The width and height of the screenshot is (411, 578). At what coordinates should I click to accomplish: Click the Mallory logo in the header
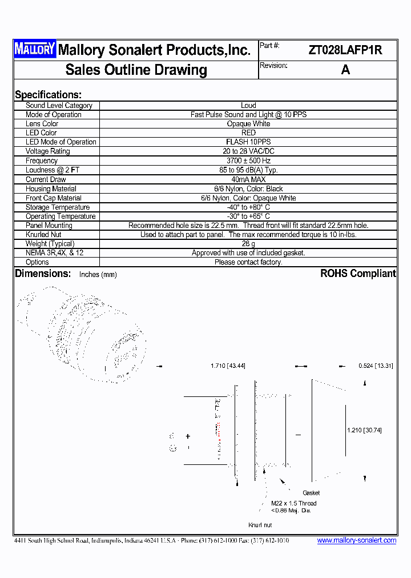[35, 50]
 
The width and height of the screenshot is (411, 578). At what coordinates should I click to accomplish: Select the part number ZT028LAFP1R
[345, 50]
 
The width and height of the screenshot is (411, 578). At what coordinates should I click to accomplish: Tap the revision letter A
[345, 70]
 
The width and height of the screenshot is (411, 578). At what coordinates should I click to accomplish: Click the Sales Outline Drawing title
[136, 70]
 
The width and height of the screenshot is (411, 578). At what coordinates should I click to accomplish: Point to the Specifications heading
[48, 95]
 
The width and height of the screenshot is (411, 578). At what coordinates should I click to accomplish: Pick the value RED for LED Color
[248, 133]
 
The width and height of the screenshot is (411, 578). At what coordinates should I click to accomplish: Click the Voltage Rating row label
[48, 151]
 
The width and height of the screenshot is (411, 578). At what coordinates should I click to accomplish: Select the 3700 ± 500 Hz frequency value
[248, 161]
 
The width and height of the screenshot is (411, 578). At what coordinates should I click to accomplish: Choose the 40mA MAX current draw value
[248, 179]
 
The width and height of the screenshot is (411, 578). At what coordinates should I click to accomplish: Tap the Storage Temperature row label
[58, 207]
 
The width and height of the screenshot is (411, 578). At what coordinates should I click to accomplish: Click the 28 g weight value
[248, 244]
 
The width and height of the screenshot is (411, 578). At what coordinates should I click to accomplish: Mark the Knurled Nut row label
[43, 235]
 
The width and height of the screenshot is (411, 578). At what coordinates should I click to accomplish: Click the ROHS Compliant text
[358, 274]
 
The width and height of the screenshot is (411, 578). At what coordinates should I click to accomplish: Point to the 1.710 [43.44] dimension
[228, 366]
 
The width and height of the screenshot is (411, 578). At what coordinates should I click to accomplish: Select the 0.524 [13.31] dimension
[376, 366]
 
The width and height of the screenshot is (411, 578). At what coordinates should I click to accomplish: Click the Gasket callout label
[311, 492]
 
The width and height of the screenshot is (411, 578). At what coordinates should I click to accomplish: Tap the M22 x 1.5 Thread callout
[293, 503]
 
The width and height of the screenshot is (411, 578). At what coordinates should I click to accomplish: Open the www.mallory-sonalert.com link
[356, 540]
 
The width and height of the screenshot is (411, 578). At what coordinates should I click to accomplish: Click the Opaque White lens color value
[248, 124]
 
